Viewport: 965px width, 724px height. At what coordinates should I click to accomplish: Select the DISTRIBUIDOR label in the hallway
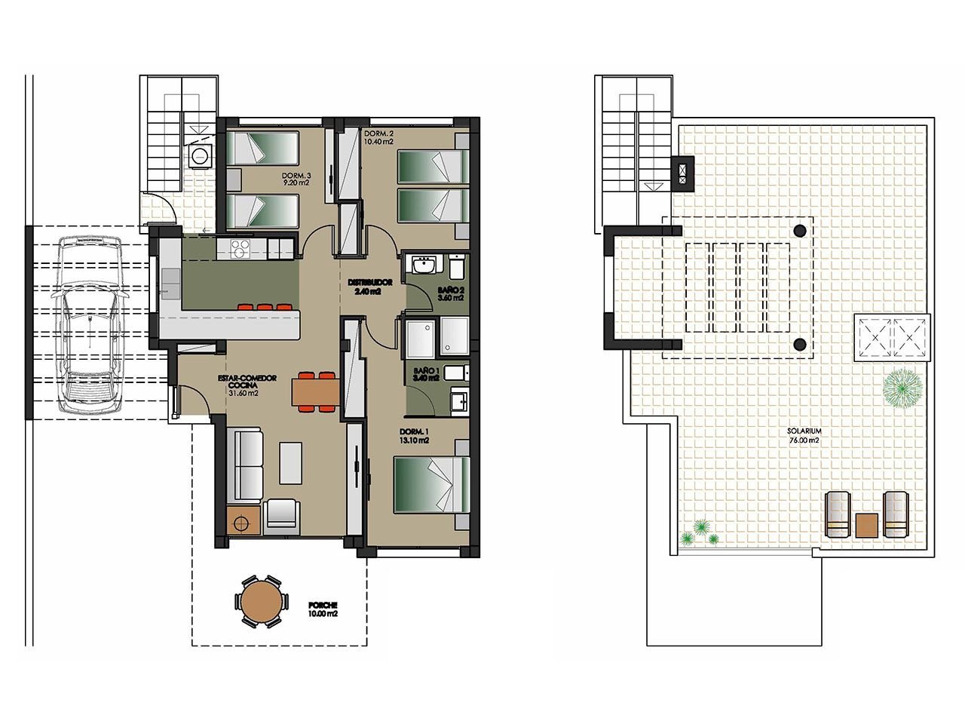click(370, 283)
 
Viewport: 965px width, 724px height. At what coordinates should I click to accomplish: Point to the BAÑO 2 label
click(451, 290)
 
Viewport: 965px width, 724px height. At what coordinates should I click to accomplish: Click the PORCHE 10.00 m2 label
click(323, 606)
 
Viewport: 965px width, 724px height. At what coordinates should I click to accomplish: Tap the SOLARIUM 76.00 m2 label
click(804, 431)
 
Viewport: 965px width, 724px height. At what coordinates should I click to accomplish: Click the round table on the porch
click(262, 601)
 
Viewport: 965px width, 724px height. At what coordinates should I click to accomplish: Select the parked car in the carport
click(90, 324)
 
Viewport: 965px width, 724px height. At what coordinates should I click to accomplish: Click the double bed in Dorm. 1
click(432, 485)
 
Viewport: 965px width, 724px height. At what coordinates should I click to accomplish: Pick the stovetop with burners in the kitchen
click(240, 249)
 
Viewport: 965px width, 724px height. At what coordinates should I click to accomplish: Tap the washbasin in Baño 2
click(424, 266)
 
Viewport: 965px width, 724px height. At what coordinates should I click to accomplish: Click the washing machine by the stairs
click(201, 156)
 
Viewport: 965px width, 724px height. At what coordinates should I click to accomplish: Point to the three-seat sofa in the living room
click(245, 465)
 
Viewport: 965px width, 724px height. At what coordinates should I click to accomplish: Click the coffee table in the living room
click(290, 463)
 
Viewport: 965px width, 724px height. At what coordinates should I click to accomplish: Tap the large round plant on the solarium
click(902, 389)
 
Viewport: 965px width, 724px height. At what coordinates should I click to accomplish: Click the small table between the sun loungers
click(866, 526)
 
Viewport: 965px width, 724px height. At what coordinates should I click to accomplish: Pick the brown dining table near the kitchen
click(315, 392)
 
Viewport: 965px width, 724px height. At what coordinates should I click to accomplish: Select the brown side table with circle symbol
click(244, 520)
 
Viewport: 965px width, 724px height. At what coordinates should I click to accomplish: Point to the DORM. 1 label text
click(414, 436)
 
